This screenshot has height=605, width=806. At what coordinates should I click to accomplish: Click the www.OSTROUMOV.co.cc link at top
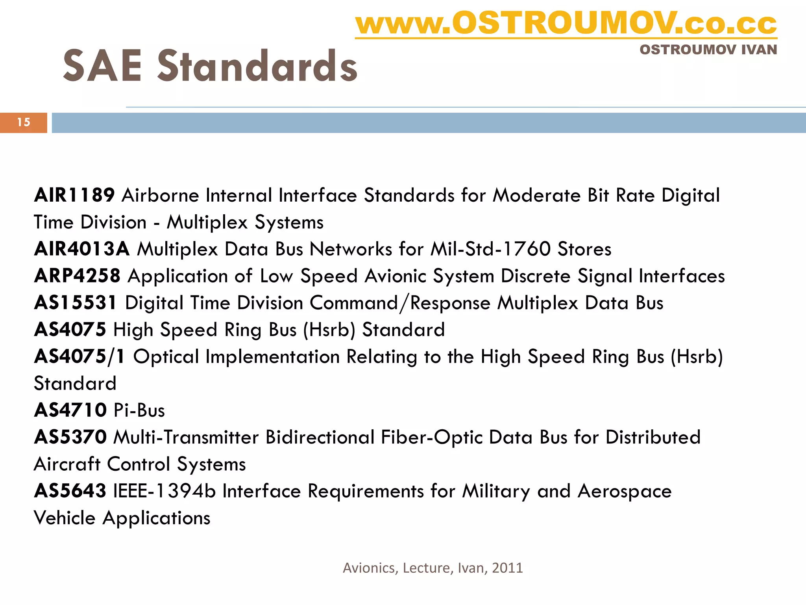566,24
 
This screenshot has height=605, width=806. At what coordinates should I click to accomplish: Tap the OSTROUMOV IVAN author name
708,50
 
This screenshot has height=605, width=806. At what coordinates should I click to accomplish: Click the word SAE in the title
102,66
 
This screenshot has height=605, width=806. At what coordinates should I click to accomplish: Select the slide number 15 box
24,122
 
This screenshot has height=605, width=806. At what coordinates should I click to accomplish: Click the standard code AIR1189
74,195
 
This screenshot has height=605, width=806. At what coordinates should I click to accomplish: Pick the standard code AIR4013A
82,249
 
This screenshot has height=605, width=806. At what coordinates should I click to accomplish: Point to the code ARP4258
77,276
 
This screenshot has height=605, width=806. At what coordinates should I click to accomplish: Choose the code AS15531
76,303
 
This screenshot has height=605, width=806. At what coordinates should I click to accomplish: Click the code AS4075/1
79,356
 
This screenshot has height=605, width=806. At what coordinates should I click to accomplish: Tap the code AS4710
70,410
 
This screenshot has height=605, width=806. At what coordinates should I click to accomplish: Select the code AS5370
70,437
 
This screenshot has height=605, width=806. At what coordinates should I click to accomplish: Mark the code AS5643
70,491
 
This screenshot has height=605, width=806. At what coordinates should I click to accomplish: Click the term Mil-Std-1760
490,249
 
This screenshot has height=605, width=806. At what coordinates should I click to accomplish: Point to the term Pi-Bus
139,410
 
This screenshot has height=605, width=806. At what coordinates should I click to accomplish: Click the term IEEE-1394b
165,491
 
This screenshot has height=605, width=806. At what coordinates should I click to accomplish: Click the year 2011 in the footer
507,568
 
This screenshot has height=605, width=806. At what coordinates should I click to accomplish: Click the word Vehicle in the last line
65,518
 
